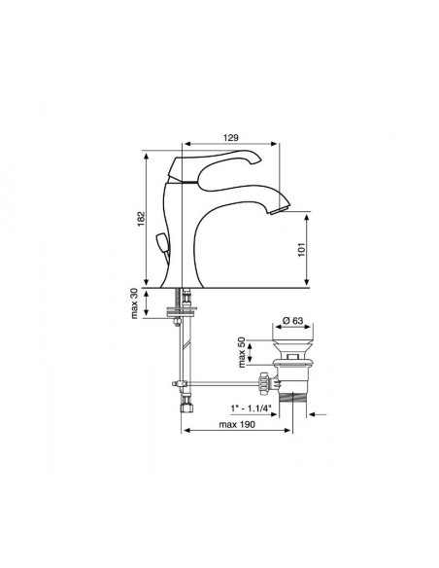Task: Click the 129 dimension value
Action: click(230, 138)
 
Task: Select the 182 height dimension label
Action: click(141, 219)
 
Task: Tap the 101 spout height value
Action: click(301, 249)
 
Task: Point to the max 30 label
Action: click(134, 303)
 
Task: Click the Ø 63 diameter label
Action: click(292, 321)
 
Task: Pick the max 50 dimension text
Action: click(242, 352)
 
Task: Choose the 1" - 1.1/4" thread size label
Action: click(251, 408)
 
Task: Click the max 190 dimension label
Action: click(237, 424)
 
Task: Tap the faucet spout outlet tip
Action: click(280, 210)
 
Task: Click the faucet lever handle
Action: click(216, 163)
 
